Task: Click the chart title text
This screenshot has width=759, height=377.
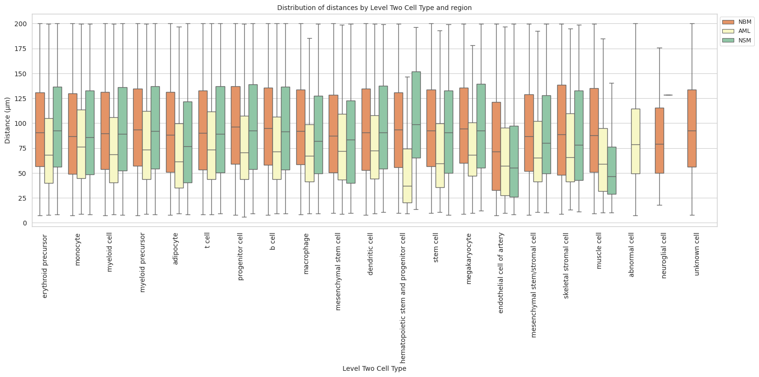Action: point(374,8)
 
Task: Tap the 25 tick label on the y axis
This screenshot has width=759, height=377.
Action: point(23,198)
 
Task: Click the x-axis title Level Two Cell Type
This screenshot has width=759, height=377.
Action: point(374,368)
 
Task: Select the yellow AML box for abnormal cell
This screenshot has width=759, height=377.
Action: point(635,141)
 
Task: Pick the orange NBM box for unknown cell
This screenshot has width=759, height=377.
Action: point(692,128)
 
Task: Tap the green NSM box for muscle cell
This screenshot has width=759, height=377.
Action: point(612,170)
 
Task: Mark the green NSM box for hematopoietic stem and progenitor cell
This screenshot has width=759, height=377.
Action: point(416,115)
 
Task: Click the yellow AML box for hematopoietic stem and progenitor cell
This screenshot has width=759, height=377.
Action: point(407,176)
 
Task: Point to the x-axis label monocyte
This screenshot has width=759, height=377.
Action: point(78,249)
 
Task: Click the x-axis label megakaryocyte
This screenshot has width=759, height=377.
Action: point(468,259)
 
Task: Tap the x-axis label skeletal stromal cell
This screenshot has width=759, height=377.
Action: point(566,266)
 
